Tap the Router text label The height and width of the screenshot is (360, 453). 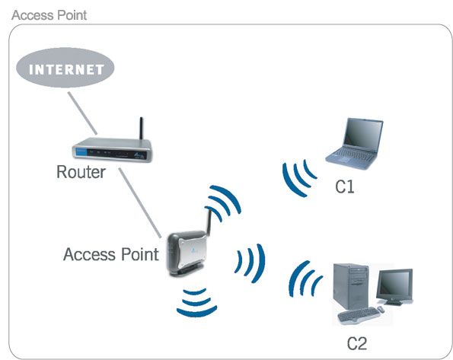(81, 172)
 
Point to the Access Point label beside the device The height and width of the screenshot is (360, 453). (111, 253)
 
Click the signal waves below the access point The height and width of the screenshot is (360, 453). (196, 301)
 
